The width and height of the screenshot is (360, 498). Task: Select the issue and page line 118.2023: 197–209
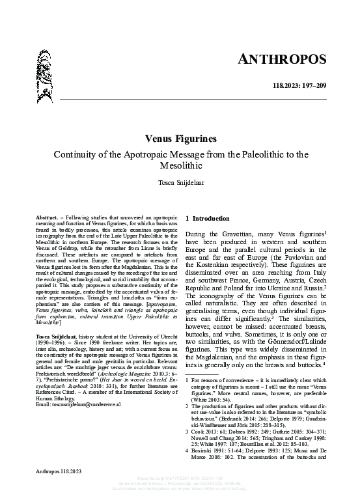pos(298,87)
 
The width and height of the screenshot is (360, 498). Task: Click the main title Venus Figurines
pos(180,139)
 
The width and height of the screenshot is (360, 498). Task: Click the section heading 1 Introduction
pos(208,219)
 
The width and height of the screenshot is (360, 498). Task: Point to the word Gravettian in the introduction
pos(236,233)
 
